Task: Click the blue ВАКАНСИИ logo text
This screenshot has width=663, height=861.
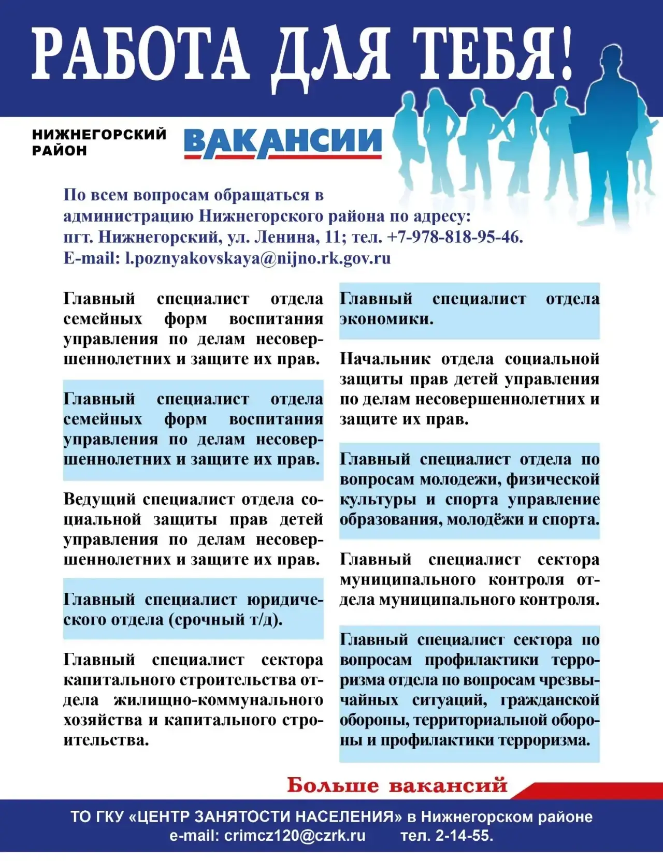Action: tap(283, 142)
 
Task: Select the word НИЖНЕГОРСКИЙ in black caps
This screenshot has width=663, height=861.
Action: tap(99, 135)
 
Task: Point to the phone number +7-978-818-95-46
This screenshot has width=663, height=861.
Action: tap(454, 237)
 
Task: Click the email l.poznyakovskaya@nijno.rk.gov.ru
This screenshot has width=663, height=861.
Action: tap(258, 258)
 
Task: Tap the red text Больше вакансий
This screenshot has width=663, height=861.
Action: tap(397, 785)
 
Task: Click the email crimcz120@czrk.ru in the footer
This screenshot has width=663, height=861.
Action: tap(294, 836)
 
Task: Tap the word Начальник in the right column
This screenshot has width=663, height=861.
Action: tap(385, 359)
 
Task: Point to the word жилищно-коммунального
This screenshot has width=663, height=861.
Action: tap(219, 701)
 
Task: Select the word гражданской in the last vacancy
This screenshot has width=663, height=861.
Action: tap(550, 701)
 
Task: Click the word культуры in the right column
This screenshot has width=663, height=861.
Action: tap(378, 500)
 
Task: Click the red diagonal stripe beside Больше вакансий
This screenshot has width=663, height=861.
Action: tap(590, 791)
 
